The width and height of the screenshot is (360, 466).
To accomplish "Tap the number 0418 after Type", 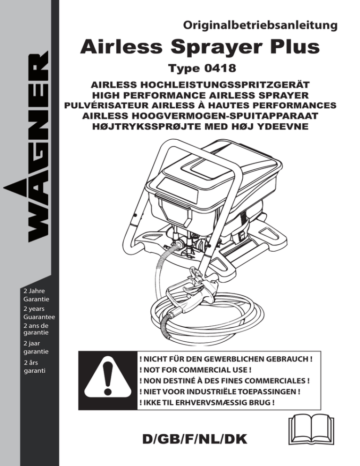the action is pyautogui.click(x=220, y=68).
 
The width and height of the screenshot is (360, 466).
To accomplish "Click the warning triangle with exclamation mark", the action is pyautogui.click(x=108, y=380).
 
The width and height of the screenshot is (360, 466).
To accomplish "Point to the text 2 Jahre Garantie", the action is pyautogui.click(x=36, y=295).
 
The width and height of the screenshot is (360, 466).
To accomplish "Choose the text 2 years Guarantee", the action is pyautogui.click(x=39, y=313).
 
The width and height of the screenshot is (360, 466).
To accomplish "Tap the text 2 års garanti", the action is pyautogui.click(x=35, y=367).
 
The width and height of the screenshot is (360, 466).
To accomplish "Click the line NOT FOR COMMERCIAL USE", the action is pyautogui.click(x=195, y=370).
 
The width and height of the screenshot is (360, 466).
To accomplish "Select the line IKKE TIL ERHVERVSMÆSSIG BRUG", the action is pyautogui.click(x=207, y=403).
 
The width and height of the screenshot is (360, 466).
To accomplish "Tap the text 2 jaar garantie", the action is pyautogui.click(x=36, y=347).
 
